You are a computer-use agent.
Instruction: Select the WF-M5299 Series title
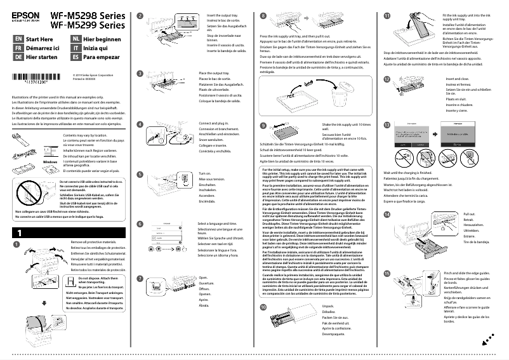(89, 25)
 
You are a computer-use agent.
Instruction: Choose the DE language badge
(18, 56)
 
